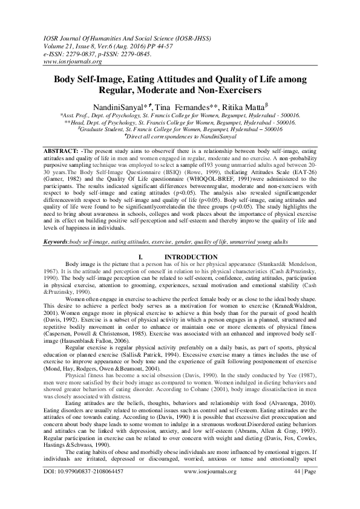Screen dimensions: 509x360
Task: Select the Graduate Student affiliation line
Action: click(180, 129)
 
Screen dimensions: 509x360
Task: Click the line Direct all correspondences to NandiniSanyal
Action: click(180, 136)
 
